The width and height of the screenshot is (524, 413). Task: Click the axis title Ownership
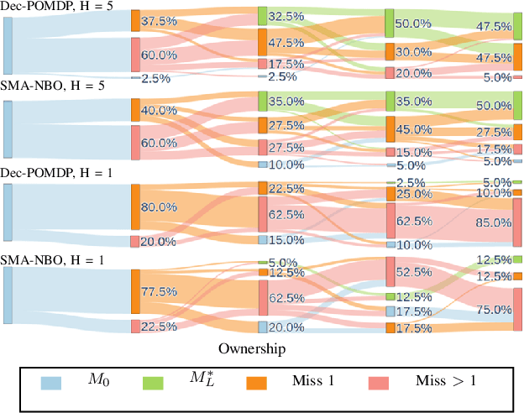(252, 348)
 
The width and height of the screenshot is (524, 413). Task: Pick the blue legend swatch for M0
(52, 383)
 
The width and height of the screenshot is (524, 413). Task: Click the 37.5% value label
(160, 22)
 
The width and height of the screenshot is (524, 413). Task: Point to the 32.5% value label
(286, 16)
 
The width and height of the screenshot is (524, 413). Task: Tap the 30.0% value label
(412, 52)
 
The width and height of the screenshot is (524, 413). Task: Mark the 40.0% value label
(160, 110)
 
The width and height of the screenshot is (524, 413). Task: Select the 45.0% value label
(412, 129)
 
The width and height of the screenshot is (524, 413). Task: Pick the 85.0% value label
(493, 222)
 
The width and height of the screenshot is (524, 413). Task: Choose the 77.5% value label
(160, 292)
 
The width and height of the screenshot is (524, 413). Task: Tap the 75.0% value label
(493, 309)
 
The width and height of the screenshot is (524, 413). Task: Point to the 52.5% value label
(412, 272)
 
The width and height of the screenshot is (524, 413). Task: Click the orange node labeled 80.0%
(135, 206)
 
